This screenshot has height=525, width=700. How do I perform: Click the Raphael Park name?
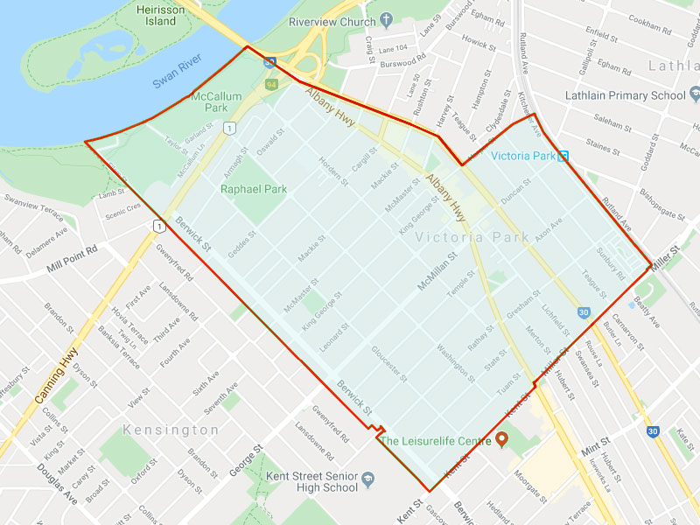click(x=253, y=188)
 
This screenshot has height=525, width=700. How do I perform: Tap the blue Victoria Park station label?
click(x=523, y=157)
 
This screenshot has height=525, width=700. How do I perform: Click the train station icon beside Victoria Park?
click(x=564, y=157)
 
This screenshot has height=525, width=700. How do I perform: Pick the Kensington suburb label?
click(x=171, y=430)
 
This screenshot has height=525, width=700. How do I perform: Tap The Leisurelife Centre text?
click(x=435, y=441)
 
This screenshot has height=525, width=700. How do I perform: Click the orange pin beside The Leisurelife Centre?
click(x=502, y=439)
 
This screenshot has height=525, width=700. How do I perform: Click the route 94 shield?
click(x=271, y=84)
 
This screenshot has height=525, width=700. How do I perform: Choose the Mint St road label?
click(x=594, y=446)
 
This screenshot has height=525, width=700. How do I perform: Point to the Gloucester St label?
click(x=389, y=363)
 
